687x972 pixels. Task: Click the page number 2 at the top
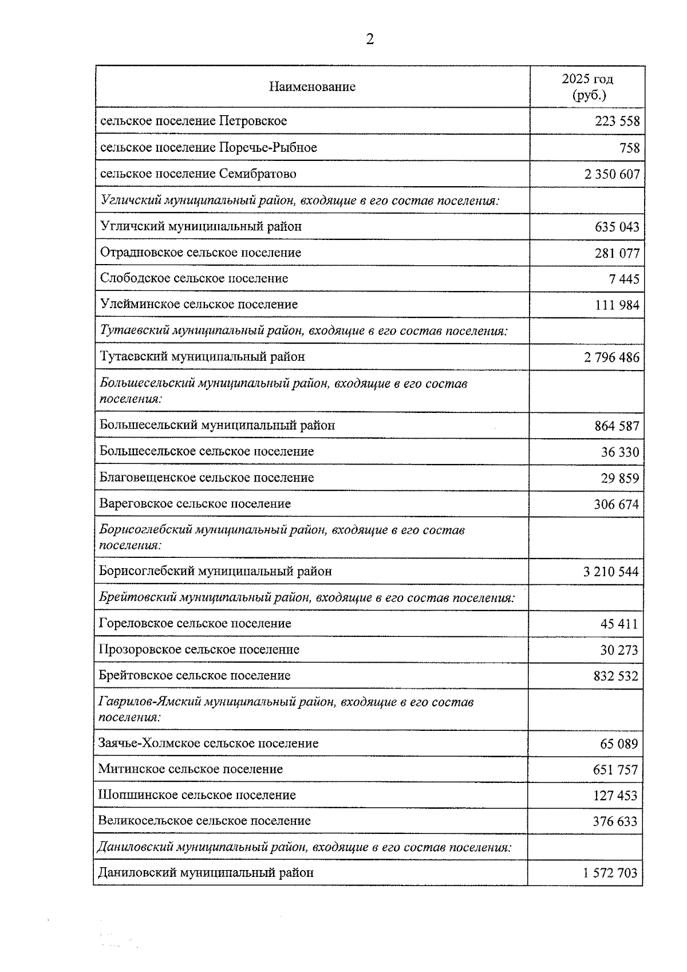coord(370,39)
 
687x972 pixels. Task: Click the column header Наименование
coord(312,86)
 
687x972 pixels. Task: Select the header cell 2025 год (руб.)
coord(587,86)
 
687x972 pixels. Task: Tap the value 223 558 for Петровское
coord(617,121)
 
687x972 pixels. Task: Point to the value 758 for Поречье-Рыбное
coord(629,148)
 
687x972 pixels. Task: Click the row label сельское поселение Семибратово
coord(198,174)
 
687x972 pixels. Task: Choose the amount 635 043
coord(617,227)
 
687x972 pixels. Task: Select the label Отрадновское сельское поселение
coord(200,253)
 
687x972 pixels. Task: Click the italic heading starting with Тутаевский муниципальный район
coord(304,330)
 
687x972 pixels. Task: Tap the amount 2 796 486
coord(611,357)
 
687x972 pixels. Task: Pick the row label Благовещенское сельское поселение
coord(206,478)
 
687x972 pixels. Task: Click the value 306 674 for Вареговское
coord(616,505)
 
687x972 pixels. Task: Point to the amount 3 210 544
coord(611,572)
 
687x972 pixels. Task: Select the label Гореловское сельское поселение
coord(195,623)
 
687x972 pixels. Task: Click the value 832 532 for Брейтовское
coord(615,676)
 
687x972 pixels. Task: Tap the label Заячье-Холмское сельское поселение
coord(208,743)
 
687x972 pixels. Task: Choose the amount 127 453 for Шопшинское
coord(615,796)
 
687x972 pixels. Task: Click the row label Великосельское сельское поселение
coord(204,821)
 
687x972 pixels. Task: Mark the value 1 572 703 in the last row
coord(610,873)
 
